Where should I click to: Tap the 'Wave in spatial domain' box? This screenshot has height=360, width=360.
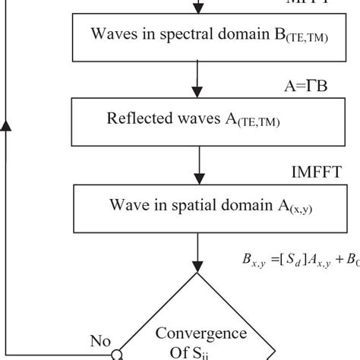point(198,205)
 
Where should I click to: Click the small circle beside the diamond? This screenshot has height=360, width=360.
point(118,353)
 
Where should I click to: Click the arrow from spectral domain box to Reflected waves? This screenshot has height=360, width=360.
point(199,78)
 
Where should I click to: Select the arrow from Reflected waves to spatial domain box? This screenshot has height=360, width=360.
point(199,163)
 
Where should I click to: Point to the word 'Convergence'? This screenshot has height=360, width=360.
point(201,334)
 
